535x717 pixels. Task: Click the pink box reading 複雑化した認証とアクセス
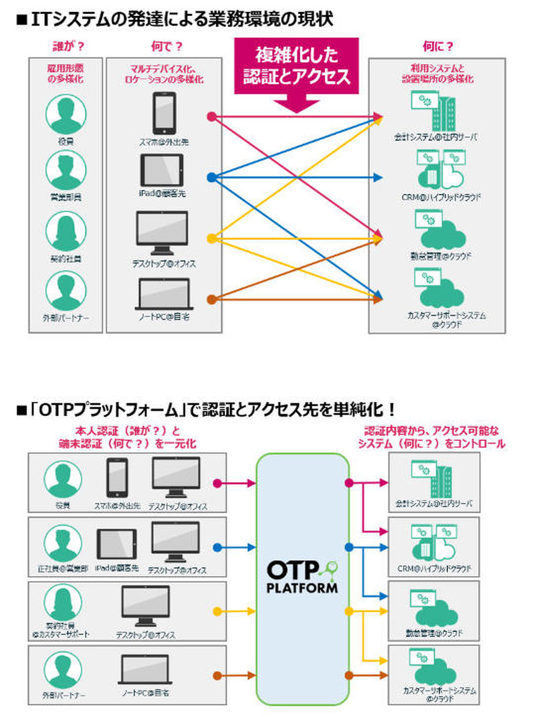[296, 66]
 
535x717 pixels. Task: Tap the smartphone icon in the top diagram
[164, 113]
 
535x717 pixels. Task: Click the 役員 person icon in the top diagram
[64, 114]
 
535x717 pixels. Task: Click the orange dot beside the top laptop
[211, 299]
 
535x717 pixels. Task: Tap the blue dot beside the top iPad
[211, 177]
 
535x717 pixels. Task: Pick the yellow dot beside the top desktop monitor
[211, 238]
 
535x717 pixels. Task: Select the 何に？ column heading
[438, 46]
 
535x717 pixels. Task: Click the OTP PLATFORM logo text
[302, 577]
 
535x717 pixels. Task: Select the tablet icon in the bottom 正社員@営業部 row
[117, 546]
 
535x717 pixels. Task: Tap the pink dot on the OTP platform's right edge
[348, 482]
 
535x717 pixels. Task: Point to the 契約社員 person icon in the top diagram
[64, 231]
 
